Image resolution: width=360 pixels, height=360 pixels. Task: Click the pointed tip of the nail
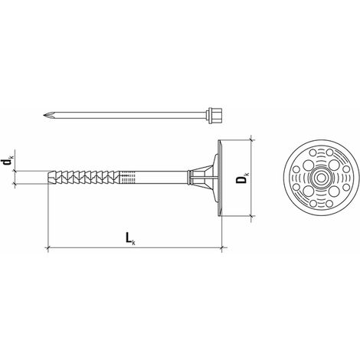point(44,115)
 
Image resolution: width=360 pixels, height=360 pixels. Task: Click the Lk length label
point(130,239)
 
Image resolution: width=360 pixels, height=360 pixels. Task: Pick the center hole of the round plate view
point(321,178)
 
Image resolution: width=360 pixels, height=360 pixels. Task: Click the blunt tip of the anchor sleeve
point(48,177)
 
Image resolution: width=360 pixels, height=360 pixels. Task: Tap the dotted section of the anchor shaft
point(127,177)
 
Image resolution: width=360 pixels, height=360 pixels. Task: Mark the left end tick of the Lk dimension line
point(48,247)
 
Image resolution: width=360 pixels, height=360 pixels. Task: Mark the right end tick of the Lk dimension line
point(221,247)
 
